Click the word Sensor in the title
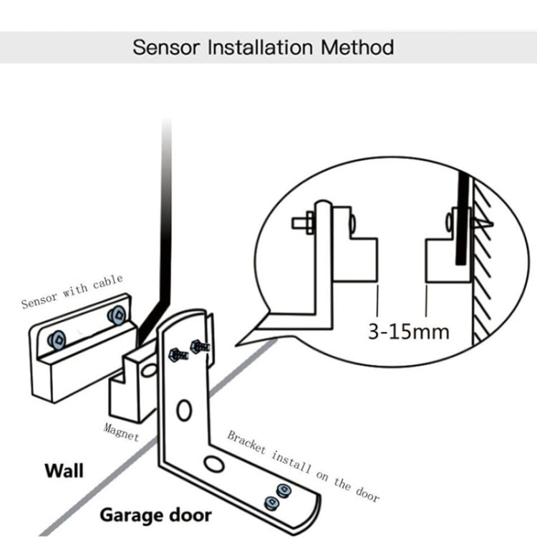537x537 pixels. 166,48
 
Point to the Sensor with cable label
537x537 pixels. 72,291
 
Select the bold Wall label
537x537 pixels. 64,470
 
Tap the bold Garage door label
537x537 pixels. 155,515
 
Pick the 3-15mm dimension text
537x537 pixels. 408,332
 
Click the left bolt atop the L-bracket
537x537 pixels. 175,353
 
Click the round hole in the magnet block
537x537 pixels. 149,369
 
